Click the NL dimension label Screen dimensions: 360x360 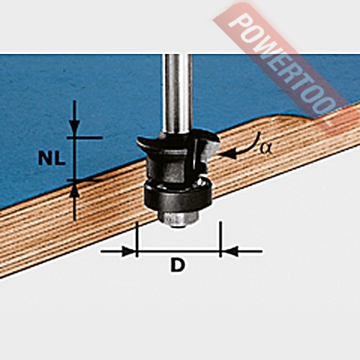[52, 158]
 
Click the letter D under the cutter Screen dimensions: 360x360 [178, 264]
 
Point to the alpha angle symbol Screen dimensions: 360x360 [266, 148]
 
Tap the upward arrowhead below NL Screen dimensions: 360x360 [74, 189]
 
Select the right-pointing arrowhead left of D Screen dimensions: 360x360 [129, 251]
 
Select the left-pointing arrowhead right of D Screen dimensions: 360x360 [229, 251]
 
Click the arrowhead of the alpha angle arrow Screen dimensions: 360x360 [228, 154]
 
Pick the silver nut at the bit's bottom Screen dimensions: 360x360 [178, 218]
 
